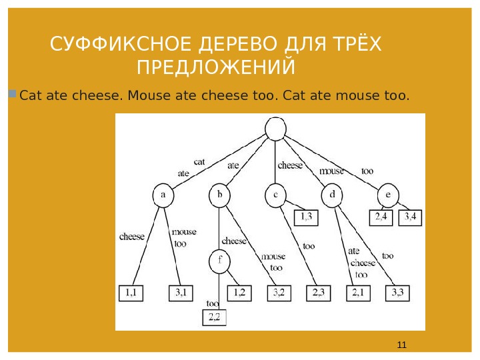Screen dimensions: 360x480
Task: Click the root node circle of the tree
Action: click(x=275, y=129)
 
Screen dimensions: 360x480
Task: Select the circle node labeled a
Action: click(x=163, y=195)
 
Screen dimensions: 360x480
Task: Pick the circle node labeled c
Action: click(x=275, y=195)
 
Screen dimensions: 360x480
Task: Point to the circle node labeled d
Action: click(x=331, y=195)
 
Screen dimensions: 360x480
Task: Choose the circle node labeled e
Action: click(x=387, y=195)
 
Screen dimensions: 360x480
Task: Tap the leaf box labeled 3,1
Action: click(x=181, y=292)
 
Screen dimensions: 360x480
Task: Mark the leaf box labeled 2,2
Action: click(x=215, y=317)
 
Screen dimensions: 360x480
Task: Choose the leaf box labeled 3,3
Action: click(x=398, y=292)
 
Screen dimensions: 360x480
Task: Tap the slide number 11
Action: click(x=401, y=345)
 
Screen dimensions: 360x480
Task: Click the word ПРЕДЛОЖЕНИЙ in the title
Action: click(x=216, y=68)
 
